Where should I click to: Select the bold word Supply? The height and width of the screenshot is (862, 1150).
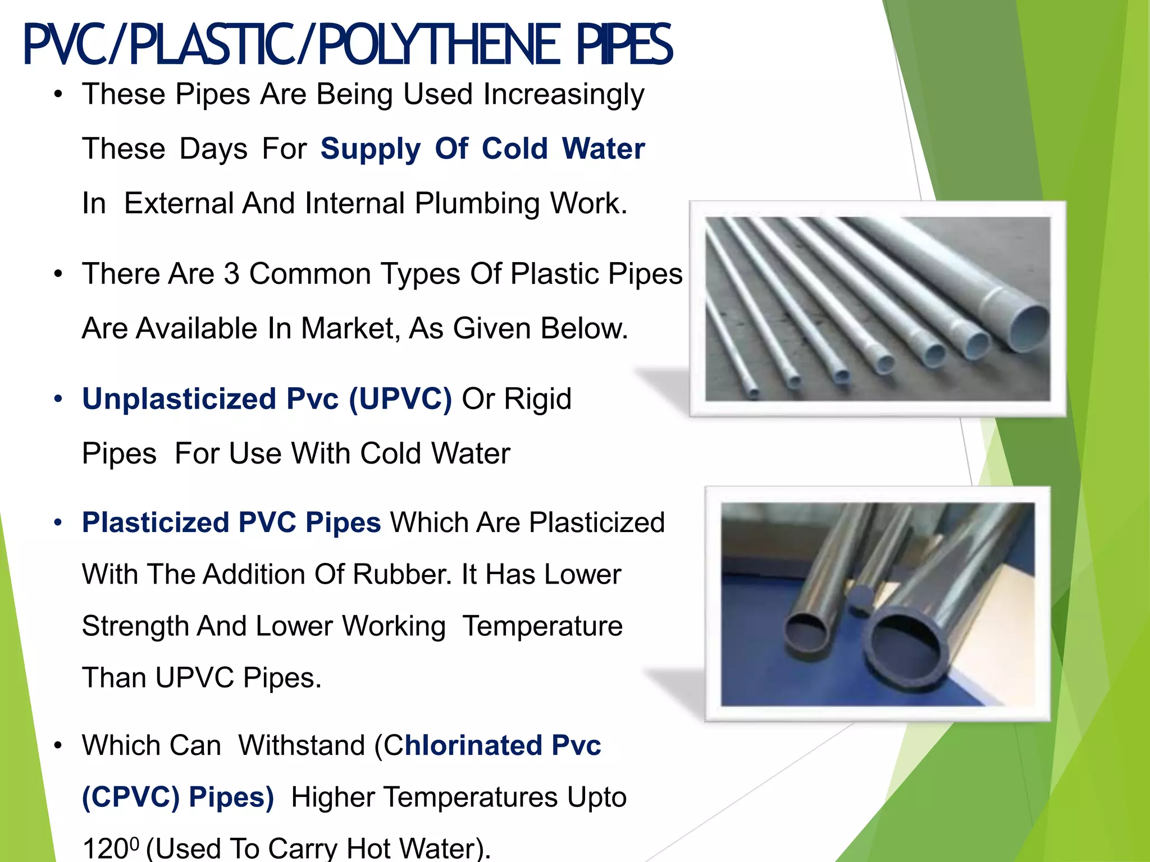pos(370,149)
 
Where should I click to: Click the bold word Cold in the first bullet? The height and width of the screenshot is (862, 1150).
pos(514,149)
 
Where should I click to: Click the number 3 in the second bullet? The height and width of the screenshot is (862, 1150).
pos(231,274)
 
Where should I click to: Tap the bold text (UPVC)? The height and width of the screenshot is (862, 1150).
pos(400,400)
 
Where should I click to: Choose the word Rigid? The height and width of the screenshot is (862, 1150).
pos(537,400)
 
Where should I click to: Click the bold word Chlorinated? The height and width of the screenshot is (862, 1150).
pos(463,746)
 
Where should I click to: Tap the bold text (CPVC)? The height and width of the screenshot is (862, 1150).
pos(131,797)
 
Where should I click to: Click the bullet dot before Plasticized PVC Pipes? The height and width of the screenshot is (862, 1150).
pos(58,523)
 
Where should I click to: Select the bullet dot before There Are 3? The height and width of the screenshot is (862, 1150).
pos(58,275)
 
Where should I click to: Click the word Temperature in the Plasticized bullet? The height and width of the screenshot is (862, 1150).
pos(542,626)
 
